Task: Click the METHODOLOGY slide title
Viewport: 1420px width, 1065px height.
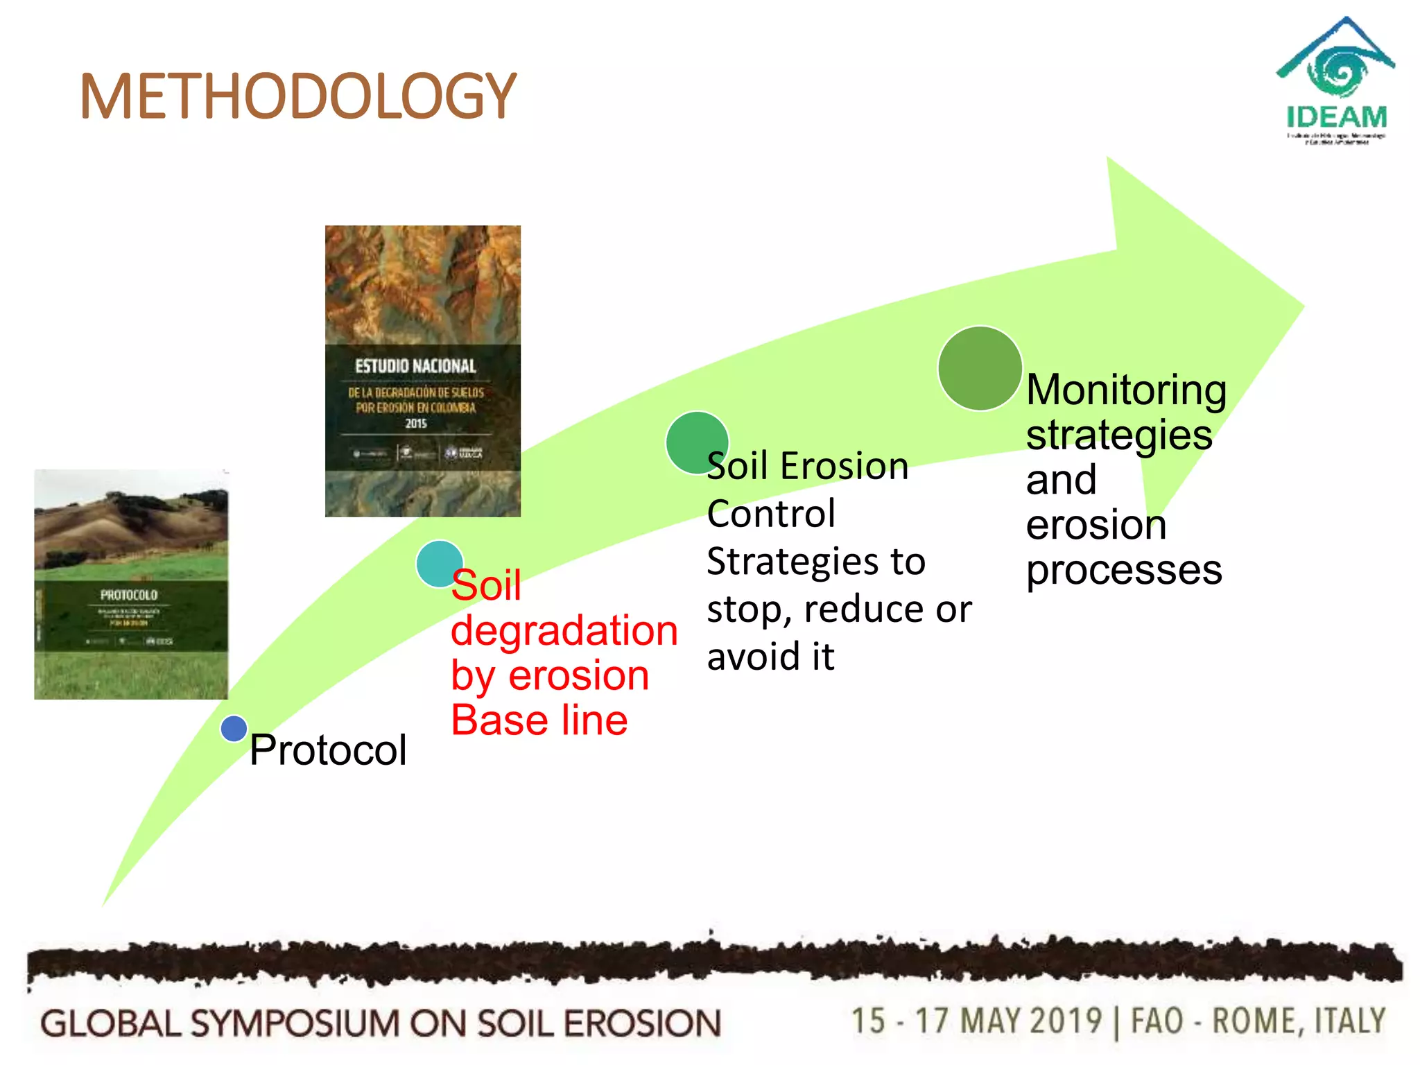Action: click(298, 97)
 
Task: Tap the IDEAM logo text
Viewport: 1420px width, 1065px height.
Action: click(1336, 116)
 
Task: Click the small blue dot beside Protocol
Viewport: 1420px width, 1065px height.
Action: click(234, 729)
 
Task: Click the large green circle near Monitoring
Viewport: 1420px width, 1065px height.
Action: click(979, 368)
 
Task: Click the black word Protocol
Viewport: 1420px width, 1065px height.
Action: click(328, 750)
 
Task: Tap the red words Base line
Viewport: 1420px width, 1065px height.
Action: click(539, 720)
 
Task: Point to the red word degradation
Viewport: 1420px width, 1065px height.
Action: click(564, 631)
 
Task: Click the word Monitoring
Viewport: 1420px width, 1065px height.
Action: click(1126, 390)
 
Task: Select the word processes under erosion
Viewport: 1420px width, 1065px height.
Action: click(1123, 570)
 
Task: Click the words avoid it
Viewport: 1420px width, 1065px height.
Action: click(770, 657)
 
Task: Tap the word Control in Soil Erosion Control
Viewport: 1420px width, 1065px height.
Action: click(771, 514)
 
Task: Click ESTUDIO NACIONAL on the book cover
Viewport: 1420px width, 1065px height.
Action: click(415, 366)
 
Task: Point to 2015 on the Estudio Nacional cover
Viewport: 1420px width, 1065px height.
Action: click(416, 424)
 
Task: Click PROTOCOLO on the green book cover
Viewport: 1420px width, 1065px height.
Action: click(129, 595)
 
